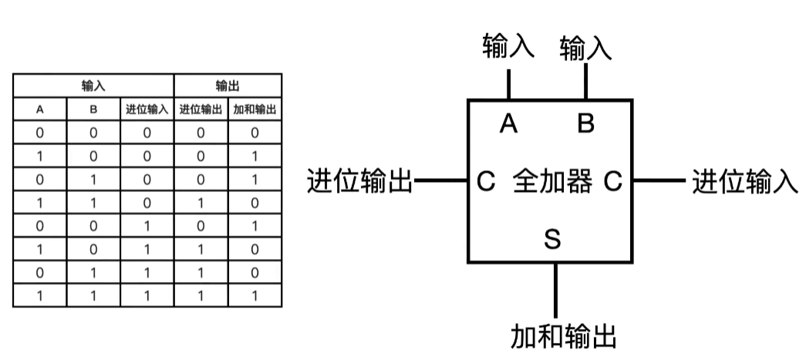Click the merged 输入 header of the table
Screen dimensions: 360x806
pyautogui.click(x=93, y=86)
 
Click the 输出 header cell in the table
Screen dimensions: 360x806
pyautogui.click(x=228, y=86)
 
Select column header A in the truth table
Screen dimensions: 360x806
pyautogui.click(x=40, y=109)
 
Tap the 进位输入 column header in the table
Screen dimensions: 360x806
pyautogui.click(x=147, y=109)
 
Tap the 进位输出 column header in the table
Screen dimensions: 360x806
pyautogui.click(x=201, y=109)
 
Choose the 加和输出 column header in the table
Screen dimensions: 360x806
pyautogui.click(x=255, y=109)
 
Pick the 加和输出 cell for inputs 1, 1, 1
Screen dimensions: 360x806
pyautogui.click(x=255, y=295)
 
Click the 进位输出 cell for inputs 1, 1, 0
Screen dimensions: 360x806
pyautogui.click(x=201, y=203)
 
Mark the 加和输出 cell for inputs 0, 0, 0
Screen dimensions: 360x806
pyautogui.click(x=255, y=133)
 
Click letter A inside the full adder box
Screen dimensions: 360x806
pyautogui.click(x=508, y=123)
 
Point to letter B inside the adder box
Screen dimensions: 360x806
pyautogui.click(x=586, y=123)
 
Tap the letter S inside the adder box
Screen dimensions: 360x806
pyautogui.click(x=552, y=239)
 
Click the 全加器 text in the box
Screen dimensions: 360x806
pyautogui.click(x=552, y=183)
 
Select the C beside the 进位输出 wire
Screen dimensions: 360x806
pyautogui.click(x=486, y=183)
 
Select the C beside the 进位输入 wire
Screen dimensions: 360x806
pyautogui.click(x=613, y=183)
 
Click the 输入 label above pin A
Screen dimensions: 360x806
pyautogui.click(x=508, y=46)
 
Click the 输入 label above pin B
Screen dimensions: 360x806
pyautogui.click(x=585, y=49)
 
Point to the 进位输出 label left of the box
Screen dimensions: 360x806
pyautogui.click(x=360, y=183)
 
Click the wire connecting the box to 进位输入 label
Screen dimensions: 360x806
pyautogui.click(x=659, y=183)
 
